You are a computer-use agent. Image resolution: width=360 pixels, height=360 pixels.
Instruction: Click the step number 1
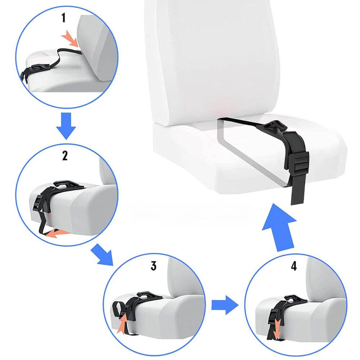64,18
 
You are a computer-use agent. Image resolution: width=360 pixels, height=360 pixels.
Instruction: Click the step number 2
65,156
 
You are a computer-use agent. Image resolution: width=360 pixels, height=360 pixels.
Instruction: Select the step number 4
294,266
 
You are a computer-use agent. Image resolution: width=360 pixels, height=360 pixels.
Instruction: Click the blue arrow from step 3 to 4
225,305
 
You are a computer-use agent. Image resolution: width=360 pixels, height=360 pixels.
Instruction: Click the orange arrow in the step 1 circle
71,39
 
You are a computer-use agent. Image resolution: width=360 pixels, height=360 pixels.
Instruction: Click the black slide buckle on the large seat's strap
298,164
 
